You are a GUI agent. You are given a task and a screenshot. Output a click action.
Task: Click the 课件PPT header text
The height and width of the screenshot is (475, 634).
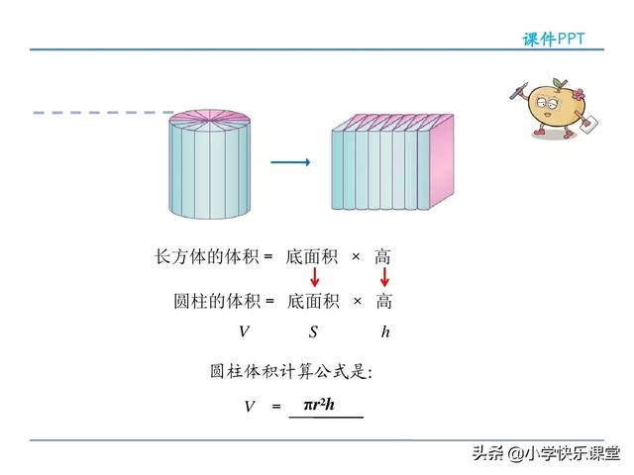pos(554,38)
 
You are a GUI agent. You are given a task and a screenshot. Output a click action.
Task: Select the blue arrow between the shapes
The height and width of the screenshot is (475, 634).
pos(290,162)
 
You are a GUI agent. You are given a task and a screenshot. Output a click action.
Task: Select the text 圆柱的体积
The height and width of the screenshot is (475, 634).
pos(218,301)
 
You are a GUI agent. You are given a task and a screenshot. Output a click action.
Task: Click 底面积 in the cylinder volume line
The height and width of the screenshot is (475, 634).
pos(313,301)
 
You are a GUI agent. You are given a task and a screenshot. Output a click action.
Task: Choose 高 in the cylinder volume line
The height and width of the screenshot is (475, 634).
pos(384,301)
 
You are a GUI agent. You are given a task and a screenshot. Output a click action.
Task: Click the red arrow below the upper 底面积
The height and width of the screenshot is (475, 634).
pos(314,279)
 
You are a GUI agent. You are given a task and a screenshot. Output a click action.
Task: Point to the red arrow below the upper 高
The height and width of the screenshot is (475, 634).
pos(384,279)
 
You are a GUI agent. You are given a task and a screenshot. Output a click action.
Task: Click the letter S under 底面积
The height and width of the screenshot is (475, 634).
pos(313,332)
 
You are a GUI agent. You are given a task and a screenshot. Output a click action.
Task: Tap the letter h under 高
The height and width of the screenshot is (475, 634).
pos(385,332)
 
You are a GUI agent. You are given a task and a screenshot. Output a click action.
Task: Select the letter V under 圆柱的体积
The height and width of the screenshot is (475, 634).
pos(244,332)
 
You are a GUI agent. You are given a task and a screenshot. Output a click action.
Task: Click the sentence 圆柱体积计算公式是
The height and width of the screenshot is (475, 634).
pos(290,372)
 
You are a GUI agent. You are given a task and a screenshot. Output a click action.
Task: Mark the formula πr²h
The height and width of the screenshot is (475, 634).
pos(319,404)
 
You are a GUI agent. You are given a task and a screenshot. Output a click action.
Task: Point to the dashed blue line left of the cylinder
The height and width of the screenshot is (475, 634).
pos(99,113)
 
